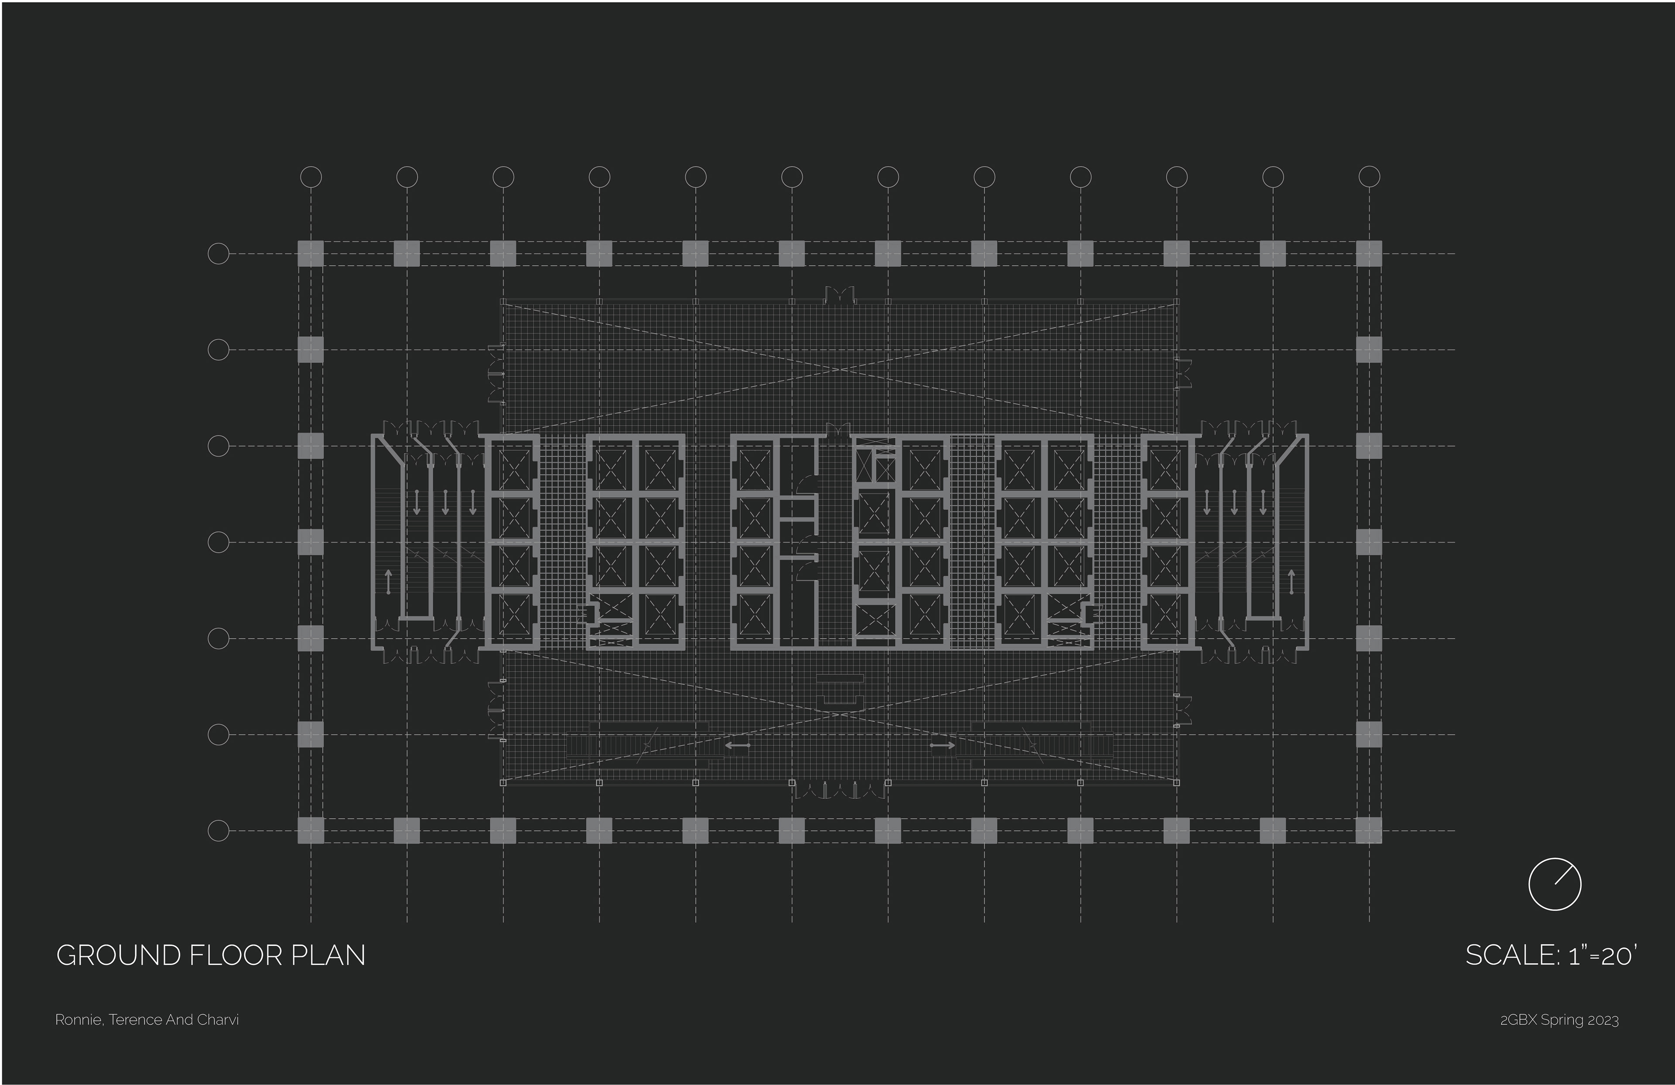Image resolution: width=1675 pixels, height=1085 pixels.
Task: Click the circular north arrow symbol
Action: tap(1555, 884)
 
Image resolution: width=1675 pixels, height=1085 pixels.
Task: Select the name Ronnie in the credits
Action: tap(79, 1020)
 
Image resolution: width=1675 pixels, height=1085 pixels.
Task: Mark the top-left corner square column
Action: tap(311, 253)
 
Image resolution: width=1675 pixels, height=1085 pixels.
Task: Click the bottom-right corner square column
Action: tap(1369, 830)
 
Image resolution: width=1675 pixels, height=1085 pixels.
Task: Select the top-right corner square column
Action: tap(1369, 253)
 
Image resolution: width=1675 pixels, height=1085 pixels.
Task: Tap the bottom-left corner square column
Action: tap(311, 830)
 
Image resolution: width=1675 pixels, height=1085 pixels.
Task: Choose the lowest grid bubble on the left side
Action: tap(219, 831)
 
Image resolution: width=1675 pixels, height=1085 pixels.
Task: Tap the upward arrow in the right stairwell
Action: tap(1292, 582)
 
